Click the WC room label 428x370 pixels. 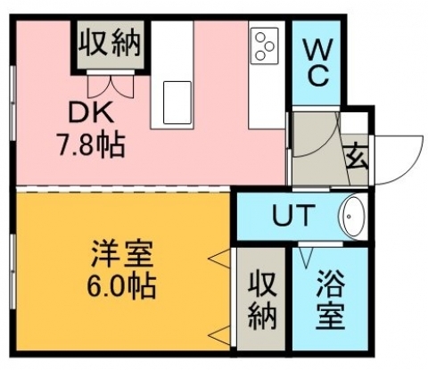(317, 63)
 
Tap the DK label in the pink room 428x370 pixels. (91, 112)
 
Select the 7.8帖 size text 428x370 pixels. (91, 145)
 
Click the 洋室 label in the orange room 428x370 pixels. (122, 255)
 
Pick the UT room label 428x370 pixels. (293, 215)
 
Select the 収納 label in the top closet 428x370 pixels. (110, 43)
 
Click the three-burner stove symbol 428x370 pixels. (265, 45)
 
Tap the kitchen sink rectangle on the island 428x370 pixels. (177, 103)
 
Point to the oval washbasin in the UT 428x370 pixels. (354, 217)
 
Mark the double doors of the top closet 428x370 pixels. (111, 86)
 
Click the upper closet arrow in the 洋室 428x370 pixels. (219, 259)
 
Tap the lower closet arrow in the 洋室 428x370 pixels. (219, 335)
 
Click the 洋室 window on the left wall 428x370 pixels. (12, 272)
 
